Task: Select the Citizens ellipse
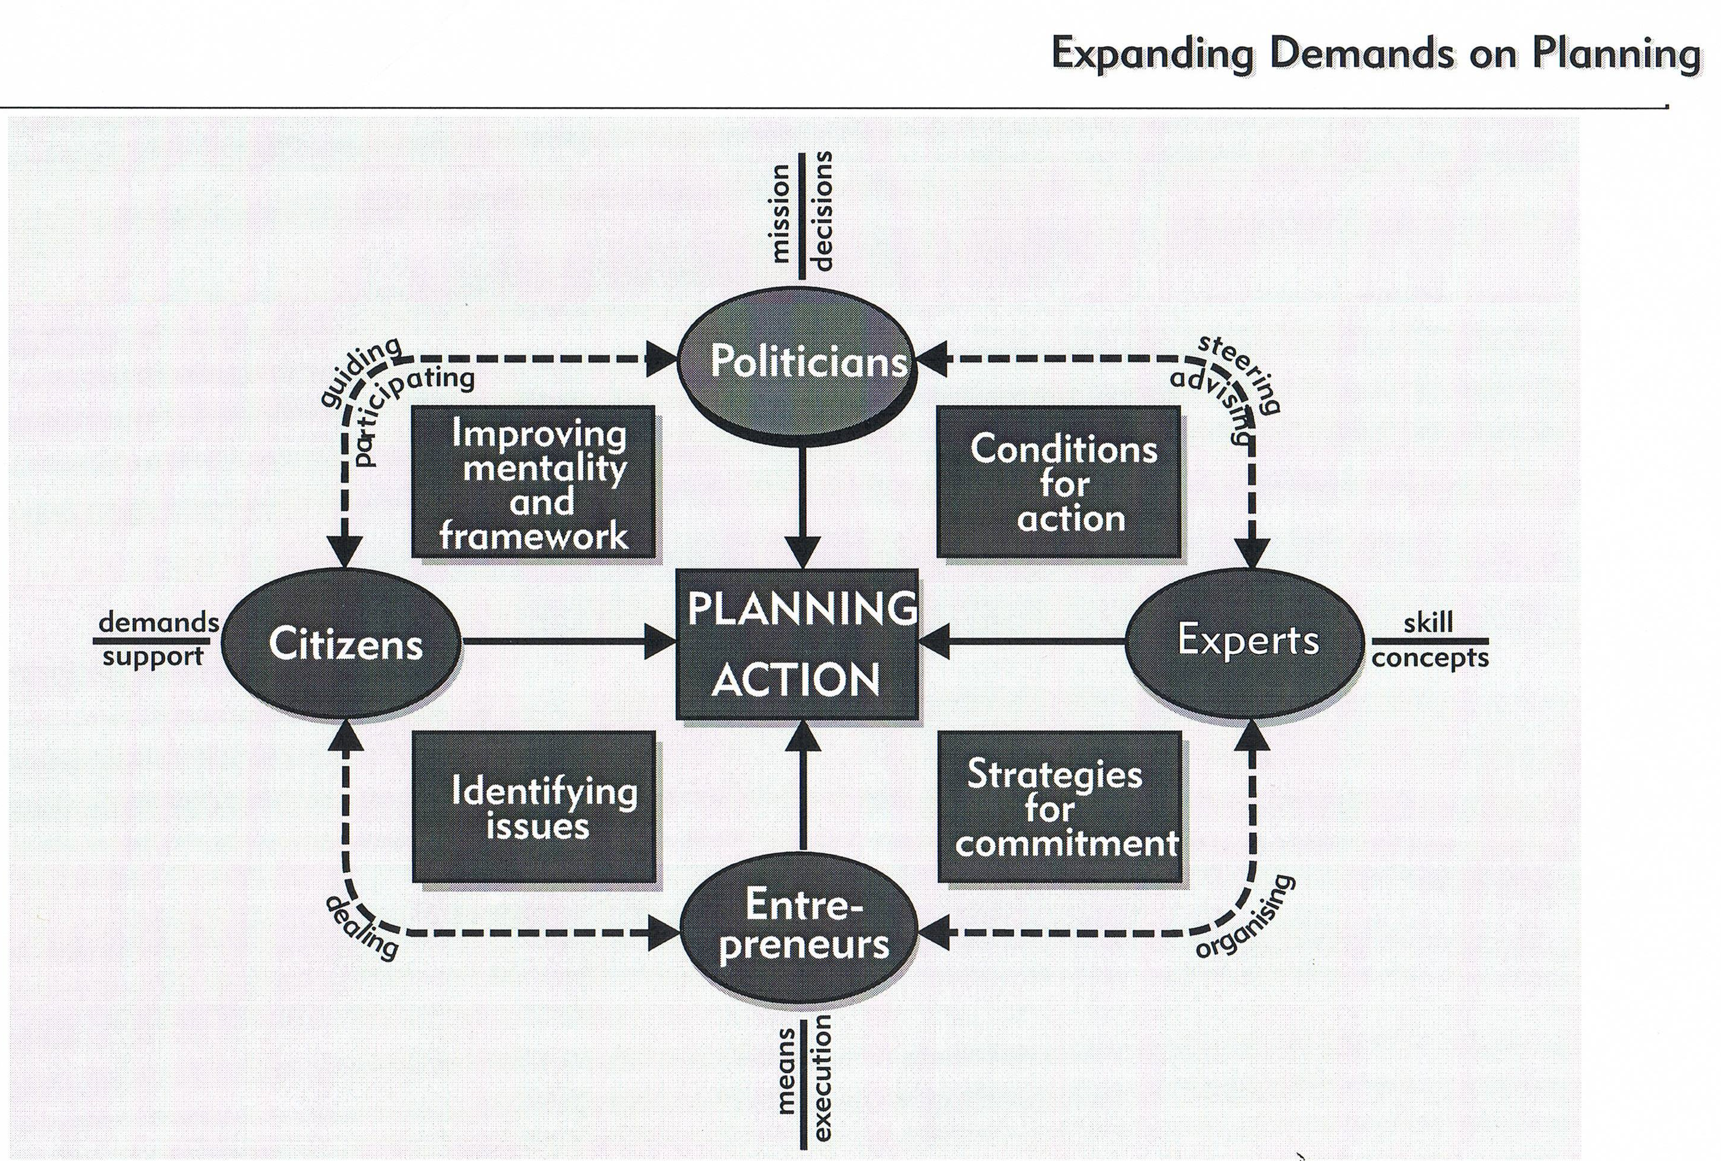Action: (x=342, y=643)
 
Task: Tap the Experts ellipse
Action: (x=1246, y=641)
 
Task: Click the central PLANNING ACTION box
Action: (x=798, y=643)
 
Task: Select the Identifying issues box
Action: (x=534, y=806)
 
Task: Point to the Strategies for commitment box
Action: (x=1060, y=806)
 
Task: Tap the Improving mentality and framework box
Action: (x=534, y=482)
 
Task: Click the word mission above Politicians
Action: (x=780, y=214)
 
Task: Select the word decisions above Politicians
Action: (x=823, y=211)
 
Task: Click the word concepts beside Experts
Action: (x=1429, y=658)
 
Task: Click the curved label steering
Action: (x=1240, y=372)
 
